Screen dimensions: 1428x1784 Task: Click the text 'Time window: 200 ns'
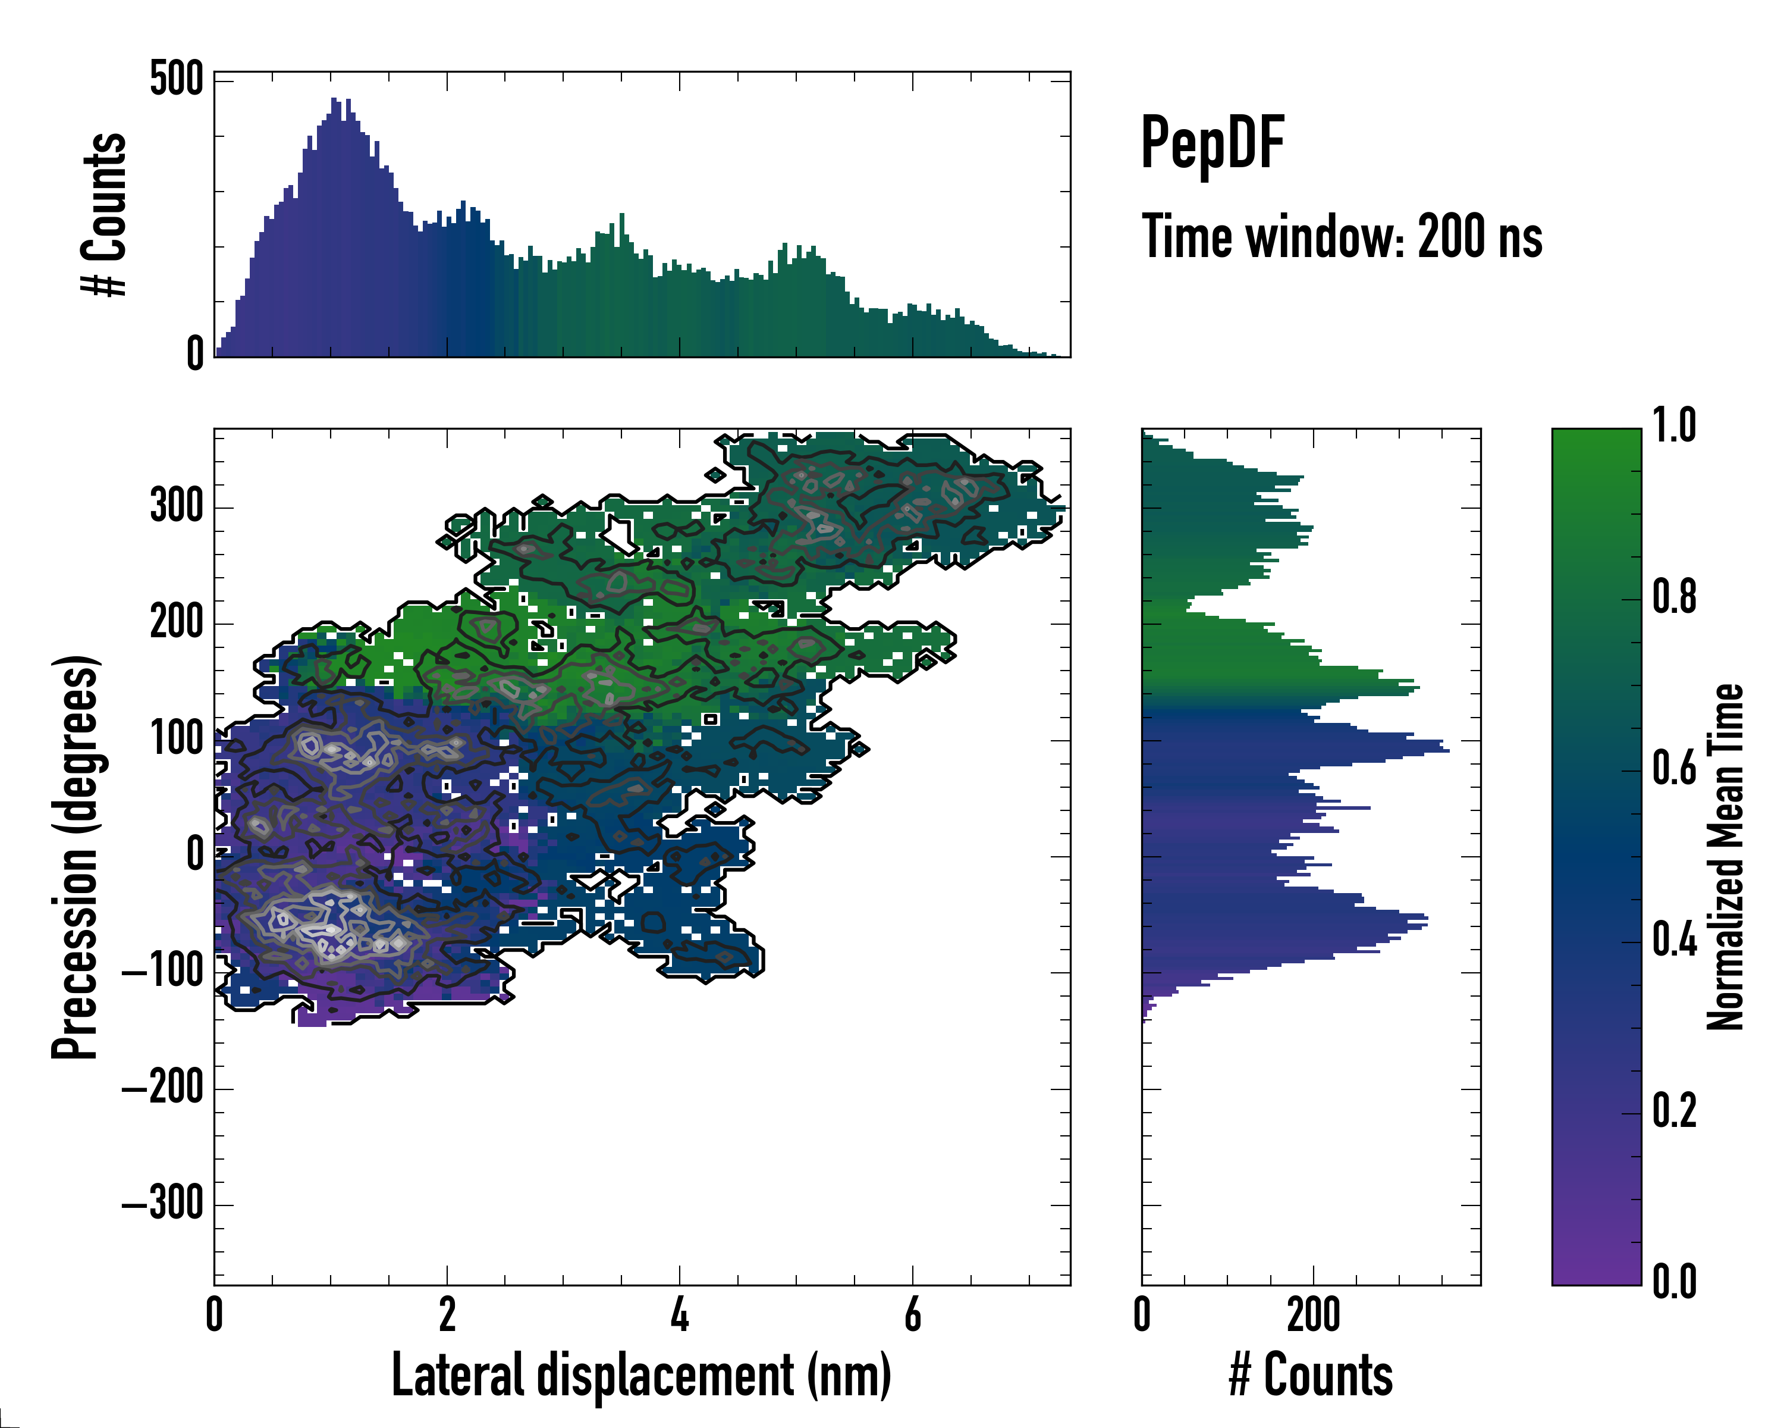coord(1342,237)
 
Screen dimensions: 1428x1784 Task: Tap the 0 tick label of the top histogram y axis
coord(194,353)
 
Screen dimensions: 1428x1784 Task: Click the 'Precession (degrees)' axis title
coord(76,856)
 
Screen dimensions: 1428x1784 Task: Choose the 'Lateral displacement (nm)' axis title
coord(641,1374)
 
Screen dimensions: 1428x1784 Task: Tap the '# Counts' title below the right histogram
coord(1311,1374)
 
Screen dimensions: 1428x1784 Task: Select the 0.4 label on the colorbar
coord(1674,941)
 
